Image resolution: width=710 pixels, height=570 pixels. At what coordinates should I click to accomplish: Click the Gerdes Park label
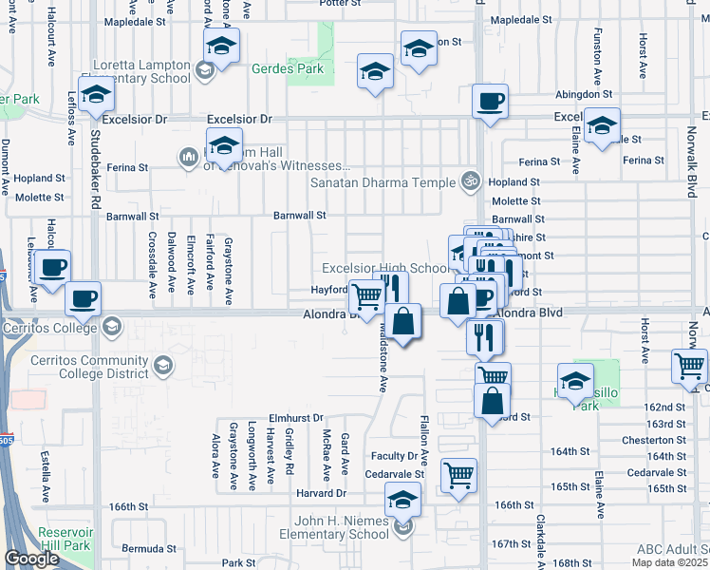pyautogui.click(x=288, y=68)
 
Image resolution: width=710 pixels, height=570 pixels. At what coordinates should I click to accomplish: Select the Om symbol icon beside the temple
pyautogui.click(x=468, y=180)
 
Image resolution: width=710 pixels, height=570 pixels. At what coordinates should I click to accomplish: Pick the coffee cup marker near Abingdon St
pyautogui.click(x=490, y=102)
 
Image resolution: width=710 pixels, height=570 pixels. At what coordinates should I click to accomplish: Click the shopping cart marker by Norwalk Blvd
pyautogui.click(x=689, y=366)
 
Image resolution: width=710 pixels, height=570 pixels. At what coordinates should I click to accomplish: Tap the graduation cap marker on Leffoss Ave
pyautogui.click(x=97, y=94)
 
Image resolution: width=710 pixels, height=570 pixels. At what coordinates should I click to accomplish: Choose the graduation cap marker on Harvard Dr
pyautogui.click(x=402, y=500)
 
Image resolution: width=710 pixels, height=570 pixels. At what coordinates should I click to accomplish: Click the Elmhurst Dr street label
pyautogui.click(x=297, y=417)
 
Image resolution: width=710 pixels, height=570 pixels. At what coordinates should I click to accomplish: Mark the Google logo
pyautogui.click(x=31, y=559)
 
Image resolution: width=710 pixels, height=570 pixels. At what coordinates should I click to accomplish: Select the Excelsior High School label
pyautogui.click(x=384, y=268)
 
